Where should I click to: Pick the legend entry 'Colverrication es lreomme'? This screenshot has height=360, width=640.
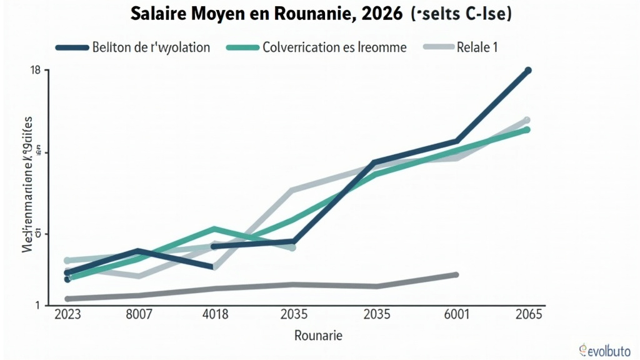point(334,47)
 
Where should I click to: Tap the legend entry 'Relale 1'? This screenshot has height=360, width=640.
point(477,47)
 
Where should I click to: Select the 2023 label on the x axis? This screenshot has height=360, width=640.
point(67,314)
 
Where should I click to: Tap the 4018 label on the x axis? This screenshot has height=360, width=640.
point(216,314)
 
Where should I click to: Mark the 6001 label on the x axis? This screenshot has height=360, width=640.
point(456,314)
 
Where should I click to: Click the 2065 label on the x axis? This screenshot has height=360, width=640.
point(529,314)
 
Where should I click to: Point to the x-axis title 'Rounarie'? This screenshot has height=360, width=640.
point(318,336)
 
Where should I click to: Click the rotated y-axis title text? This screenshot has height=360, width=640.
point(29,181)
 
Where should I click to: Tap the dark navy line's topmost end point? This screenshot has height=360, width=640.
point(528,71)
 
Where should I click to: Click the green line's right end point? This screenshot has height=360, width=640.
point(527,130)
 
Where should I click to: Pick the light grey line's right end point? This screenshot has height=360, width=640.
point(527,120)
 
